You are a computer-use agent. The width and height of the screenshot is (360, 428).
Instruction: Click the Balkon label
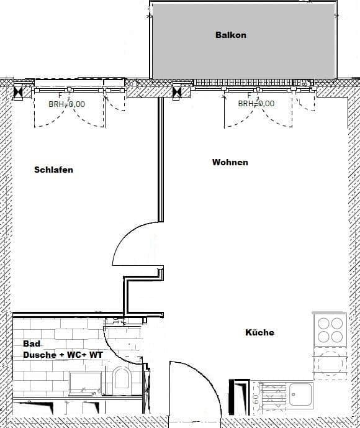pyautogui.click(x=230, y=35)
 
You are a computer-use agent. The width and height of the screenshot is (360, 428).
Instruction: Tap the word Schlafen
pyautogui.click(x=53, y=170)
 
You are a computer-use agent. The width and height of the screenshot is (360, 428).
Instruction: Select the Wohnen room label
pyautogui.click(x=230, y=162)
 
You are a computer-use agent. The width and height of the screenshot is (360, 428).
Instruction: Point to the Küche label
pyautogui.click(x=259, y=332)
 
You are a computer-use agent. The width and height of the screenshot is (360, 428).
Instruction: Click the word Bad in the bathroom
pyautogui.click(x=31, y=344)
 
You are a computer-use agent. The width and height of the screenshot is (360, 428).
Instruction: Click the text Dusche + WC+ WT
pyautogui.click(x=63, y=355)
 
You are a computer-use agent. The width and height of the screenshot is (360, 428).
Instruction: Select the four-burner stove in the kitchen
pyautogui.click(x=330, y=330)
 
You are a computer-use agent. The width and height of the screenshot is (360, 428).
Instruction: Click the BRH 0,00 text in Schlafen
pyautogui.click(x=66, y=104)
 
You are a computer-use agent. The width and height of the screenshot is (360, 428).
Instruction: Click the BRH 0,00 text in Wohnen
pyautogui.click(x=256, y=104)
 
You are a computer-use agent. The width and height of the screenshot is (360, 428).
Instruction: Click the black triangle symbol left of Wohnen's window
pyautogui.click(x=178, y=91)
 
